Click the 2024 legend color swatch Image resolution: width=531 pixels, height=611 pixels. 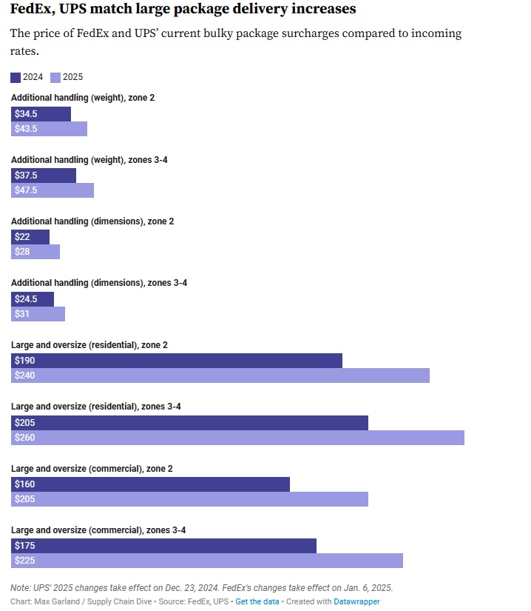(x=16, y=78)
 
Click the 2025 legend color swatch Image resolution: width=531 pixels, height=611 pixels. (x=55, y=78)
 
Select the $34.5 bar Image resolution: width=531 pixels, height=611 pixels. (x=41, y=114)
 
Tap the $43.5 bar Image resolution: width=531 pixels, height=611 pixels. (x=49, y=129)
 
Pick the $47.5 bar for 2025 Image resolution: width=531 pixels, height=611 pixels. (x=53, y=190)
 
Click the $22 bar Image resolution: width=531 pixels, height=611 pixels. (x=30, y=237)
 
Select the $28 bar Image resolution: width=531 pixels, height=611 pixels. (x=35, y=252)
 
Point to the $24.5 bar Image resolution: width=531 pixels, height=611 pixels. (x=33, y=299)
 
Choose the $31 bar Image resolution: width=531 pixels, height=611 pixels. (x=38, y=314)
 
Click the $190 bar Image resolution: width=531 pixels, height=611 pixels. (x=177, y=361)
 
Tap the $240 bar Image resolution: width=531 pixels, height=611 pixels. (x=220, y=375)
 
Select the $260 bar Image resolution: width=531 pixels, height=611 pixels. (x=237, y=438)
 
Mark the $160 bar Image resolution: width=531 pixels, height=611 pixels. (x=150, y=484)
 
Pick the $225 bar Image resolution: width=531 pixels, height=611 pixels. (x=207, y=561)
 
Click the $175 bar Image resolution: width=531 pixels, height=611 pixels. (x=163, y=546)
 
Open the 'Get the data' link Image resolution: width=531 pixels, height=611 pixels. (x=257, y=601)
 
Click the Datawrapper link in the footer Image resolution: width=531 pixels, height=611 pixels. (x=356, y=601)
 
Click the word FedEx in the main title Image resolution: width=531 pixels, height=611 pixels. (x=32, y=9)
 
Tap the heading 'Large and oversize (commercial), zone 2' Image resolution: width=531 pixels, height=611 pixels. (x=92, y=469)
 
